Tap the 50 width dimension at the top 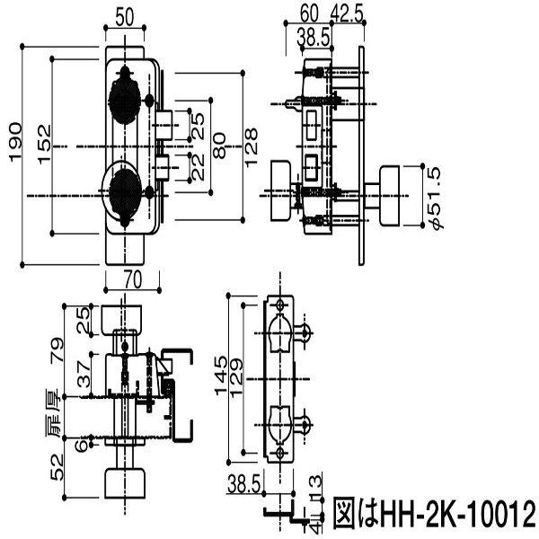(126, 16)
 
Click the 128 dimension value (254, 143)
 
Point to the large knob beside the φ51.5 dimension (392, 196)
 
